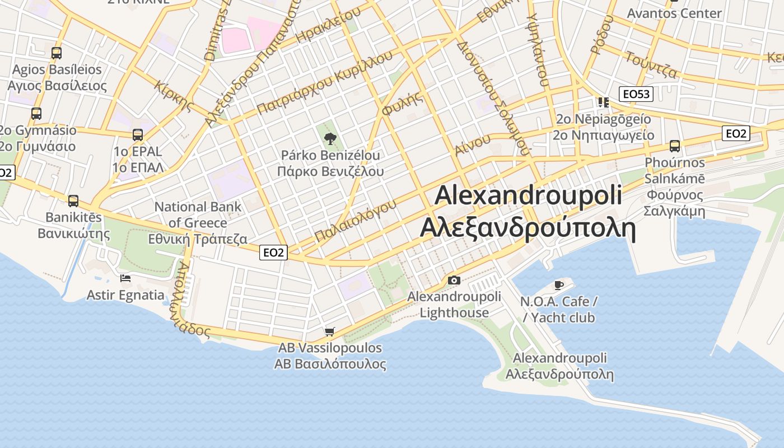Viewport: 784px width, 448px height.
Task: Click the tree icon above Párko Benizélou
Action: pyautogui.click(x=330, y=138)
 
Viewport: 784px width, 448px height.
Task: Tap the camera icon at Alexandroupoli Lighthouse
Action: pyautogui.click(x=454, y=280)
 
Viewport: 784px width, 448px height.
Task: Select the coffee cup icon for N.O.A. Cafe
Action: pyautogui.click(x=558, y=285)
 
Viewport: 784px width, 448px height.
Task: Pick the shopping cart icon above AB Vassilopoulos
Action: pyautogui.click(x=330, y=332)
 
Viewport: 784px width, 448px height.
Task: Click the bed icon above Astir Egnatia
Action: pyautogui.click(x=125, y=278)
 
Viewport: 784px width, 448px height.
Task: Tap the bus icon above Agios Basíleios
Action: pyautogui.click(x=57, y=53)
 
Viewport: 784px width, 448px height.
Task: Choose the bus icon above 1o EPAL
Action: pyautogui.click(x=138, y=135)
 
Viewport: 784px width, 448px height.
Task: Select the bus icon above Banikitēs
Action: pyautogui.click(x=73, y=201)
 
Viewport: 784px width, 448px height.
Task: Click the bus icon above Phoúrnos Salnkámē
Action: pyautogui.click(x=675, y=146)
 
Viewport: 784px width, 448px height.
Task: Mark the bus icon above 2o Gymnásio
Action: pyautogui.click(x=36, y=114)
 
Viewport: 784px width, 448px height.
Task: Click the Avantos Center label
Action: pyautogui.click(x=674, y=13)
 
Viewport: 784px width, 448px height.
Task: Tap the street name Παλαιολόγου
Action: pyautogui.click(x=355, y=220)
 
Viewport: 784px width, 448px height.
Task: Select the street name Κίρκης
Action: pyautogui.click(x=175, y=97)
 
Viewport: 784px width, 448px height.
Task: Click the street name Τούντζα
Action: pyautogui.click(x=651, y=64)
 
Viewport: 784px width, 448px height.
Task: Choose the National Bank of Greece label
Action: pyautogui.click(x=198, y=223)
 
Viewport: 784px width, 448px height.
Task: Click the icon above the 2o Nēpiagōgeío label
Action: pyautogui.click(x=603, y=102)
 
